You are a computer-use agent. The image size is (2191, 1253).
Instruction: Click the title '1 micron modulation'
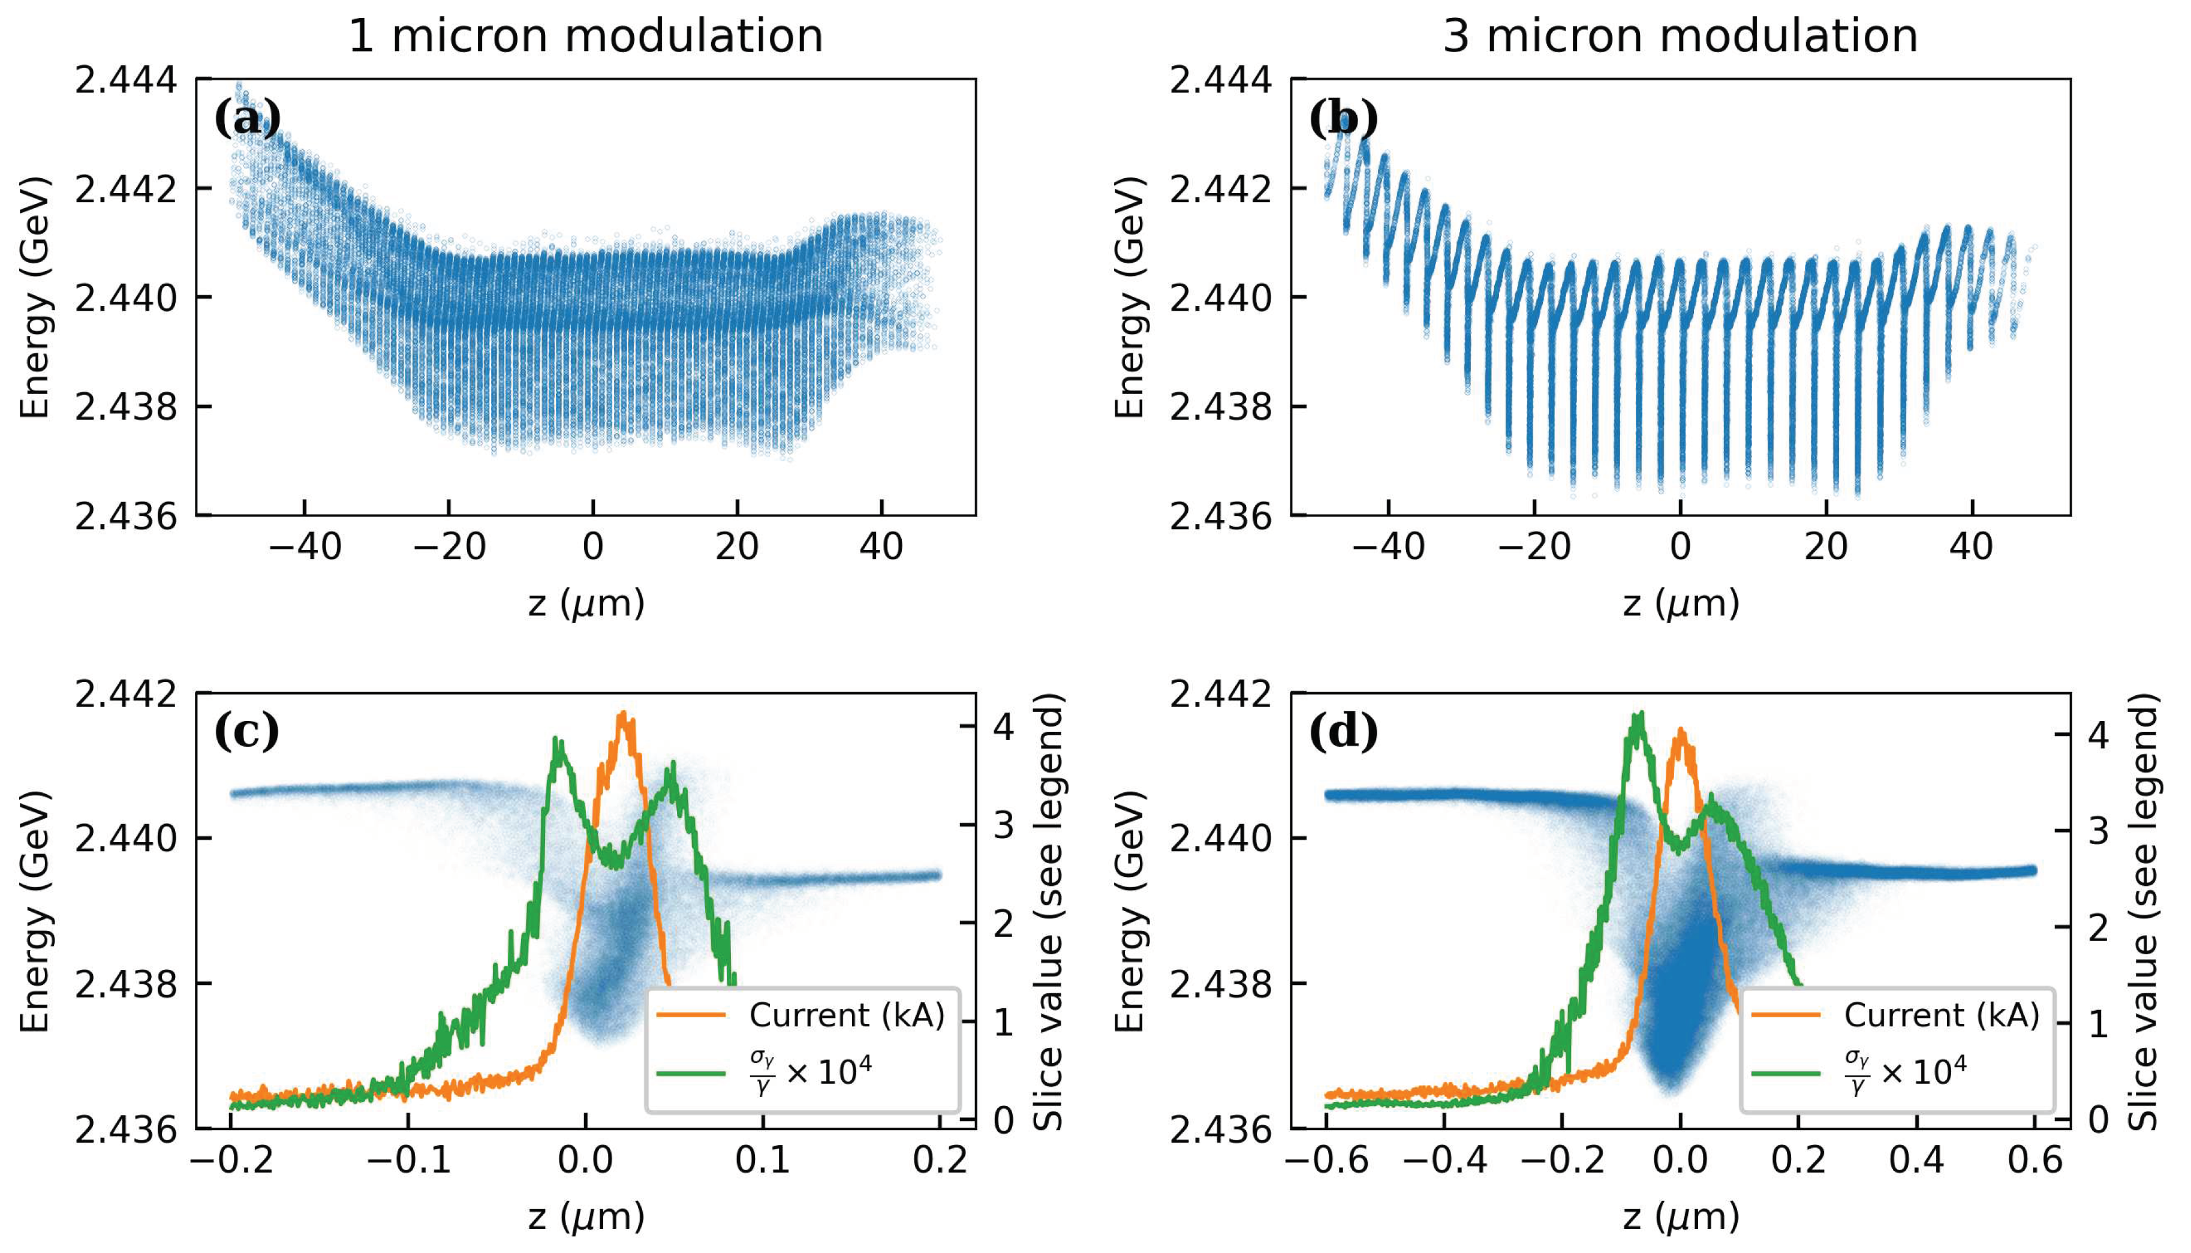point(585,36)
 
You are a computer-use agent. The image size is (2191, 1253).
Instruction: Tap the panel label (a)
point(247,118)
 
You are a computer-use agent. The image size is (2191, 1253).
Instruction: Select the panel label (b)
point(1342,118)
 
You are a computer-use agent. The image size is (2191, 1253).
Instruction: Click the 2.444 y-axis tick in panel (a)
point(127,80)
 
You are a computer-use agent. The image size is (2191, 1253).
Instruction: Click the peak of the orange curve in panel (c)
point(624,714)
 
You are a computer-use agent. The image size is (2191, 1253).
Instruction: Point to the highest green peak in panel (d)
point(1639,714)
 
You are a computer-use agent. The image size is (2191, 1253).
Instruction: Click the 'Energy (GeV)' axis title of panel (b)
point(1130,298)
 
